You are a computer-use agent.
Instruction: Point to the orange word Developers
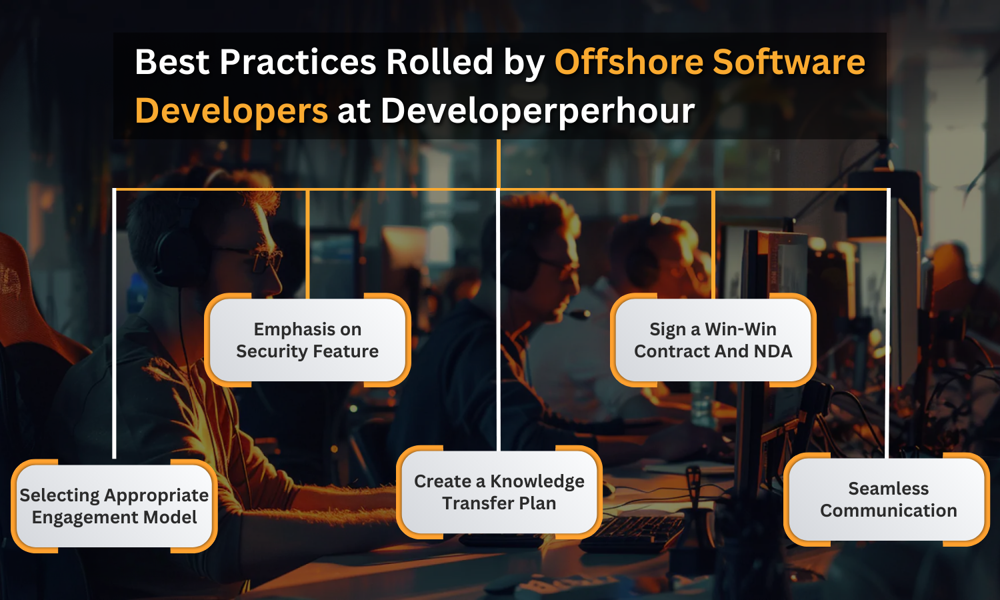pos(232,111)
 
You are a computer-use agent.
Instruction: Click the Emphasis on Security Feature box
pos(307,340)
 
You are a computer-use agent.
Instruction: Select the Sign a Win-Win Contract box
pos(713,340)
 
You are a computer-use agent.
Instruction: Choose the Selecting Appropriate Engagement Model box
pos(114,506)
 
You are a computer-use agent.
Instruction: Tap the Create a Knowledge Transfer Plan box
pos(499,492)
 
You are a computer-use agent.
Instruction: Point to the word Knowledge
pos(537,481)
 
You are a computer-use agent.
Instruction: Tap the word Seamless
pos(889,489)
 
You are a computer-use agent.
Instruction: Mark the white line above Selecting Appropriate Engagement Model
pos(114,323)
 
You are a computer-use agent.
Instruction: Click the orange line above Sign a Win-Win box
pos(713,244)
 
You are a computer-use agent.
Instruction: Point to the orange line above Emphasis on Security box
pos(307,244)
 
